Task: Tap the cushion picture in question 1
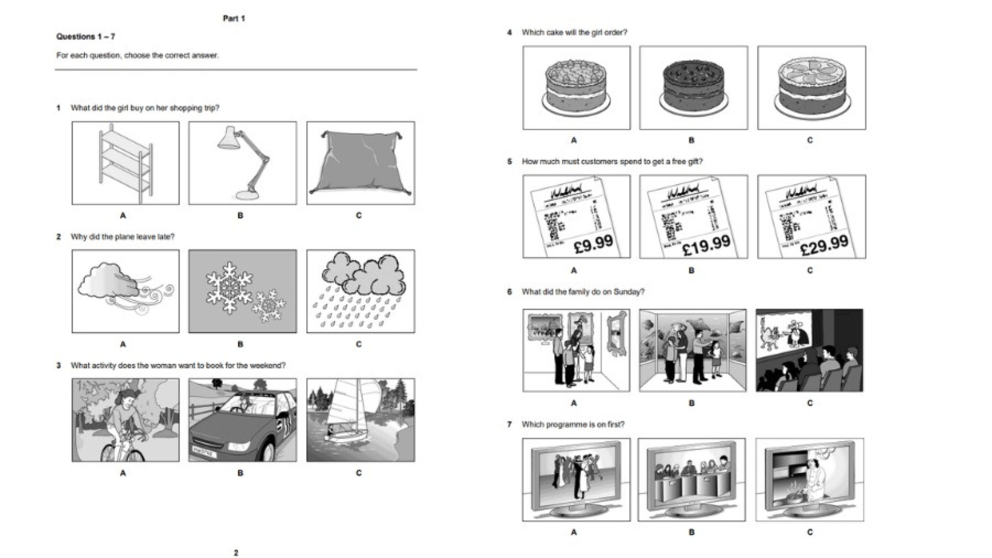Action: click(x=361, y=163)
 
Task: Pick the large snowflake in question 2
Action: click(x=229, y=287)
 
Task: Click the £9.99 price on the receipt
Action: click(x=593, y=243)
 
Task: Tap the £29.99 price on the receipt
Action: click(x=824, y=244)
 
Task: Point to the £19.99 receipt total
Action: click(x=706, y=245)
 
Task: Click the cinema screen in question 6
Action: click(x=786, y=333)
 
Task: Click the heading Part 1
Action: click(x=234, y=19)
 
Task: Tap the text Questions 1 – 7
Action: click(x=86, y=37)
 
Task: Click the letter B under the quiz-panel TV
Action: click(x=691, y=532)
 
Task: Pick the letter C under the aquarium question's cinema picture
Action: click(x=810, y=403)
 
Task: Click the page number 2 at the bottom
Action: click(x=236, y=553)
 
